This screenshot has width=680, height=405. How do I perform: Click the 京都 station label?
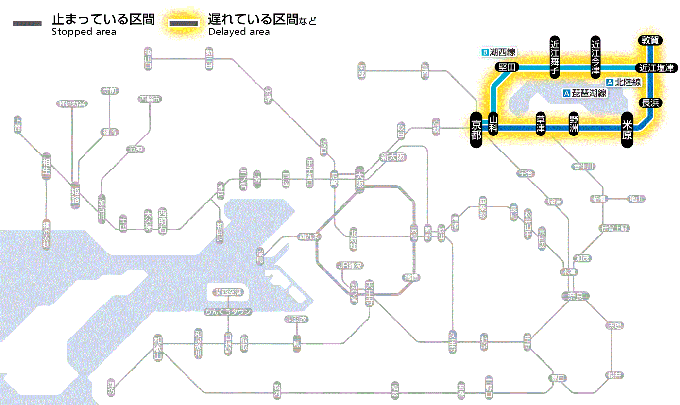pyautogui.click(x=476, y=130)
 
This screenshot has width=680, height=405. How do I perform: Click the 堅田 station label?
pyautogui.click(x=507, y=67)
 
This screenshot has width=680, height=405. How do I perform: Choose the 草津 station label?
pyautogui.click(x=541, y=126)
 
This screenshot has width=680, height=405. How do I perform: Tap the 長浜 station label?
pyautogui.click(x=650, y=102)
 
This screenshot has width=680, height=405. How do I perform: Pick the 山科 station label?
pyautogui.click(x=493, y=125)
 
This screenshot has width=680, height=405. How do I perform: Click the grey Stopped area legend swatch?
pyautogui.click(x=28, y=23)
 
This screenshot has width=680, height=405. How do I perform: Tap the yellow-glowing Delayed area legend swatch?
pyautogui.click(x=183, y=23)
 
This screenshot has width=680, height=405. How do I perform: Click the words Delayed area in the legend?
pyautogui.click(x=238, y=32)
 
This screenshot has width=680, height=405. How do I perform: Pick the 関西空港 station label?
pyautogui.click(x=228, y=292)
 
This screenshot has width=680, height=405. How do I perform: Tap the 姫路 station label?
pyautogui.click(x=75, y=195)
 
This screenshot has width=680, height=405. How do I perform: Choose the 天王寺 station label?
pyautogui.click(x=370, y=293)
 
